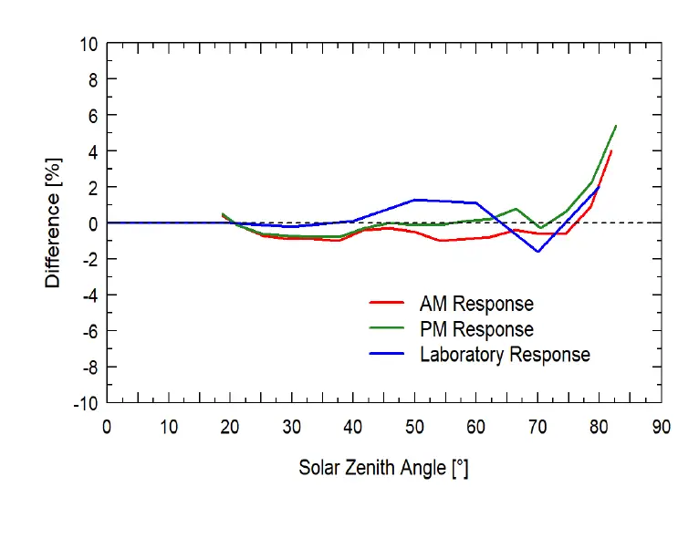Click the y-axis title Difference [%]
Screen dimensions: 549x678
54,222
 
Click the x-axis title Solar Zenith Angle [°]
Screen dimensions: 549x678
383,468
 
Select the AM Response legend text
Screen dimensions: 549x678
476,304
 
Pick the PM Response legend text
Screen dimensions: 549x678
476,329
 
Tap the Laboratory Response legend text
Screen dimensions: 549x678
505,355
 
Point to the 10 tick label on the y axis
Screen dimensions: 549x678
88,44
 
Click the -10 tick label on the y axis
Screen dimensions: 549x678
85,402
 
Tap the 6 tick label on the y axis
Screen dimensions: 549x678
92,115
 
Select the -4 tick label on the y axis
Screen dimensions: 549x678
89,295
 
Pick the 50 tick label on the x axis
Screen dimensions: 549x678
414,425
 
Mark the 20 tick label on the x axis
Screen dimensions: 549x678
230,425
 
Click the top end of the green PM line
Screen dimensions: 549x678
616,126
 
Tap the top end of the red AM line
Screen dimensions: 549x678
610,151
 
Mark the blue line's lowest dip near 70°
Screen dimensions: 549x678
538,252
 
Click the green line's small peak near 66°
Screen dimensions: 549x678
516,209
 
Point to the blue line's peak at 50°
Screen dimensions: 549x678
414,199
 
